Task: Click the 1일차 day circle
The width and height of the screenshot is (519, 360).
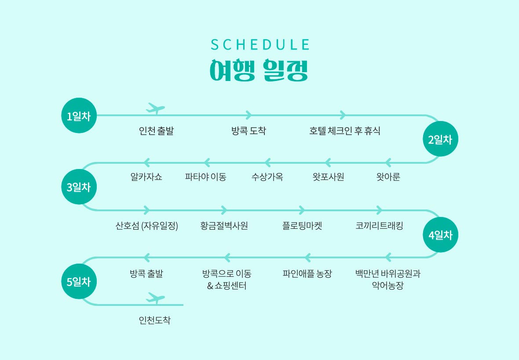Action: tap(79, 116)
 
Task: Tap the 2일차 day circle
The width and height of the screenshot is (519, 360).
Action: tap(440, 139)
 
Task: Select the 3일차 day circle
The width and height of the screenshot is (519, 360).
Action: tap(79, 187)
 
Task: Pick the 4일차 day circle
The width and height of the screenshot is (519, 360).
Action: tap(440, 235)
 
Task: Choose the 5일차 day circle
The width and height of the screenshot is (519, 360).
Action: tap(79, 282)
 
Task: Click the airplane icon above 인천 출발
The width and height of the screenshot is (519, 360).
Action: tap(155, 108)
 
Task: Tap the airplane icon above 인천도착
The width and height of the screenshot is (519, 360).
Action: tap(155, 298)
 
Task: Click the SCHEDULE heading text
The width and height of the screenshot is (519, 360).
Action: tap(260, 45)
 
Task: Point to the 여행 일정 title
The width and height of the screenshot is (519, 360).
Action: tap(259, 70)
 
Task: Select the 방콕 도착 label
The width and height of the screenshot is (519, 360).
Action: tap(249, 131)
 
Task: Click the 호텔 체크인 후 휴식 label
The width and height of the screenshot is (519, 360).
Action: tap(344, 131)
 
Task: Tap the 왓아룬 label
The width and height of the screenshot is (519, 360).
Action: tap(388, 177)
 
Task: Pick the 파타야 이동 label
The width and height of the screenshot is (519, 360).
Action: tap(205, 177)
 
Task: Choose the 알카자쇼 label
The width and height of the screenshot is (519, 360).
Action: tap(146, 177)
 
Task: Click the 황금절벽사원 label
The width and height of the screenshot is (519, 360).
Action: tap(224, 226)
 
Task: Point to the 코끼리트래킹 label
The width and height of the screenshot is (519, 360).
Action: tap(379, 226)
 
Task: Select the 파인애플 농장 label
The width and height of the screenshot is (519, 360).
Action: tap(307, 274)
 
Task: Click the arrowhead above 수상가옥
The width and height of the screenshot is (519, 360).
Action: tap(267, 162)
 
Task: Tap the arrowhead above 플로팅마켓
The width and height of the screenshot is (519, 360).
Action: tap(302, 210)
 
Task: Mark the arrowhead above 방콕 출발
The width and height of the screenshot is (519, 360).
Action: tap(146, 257)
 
